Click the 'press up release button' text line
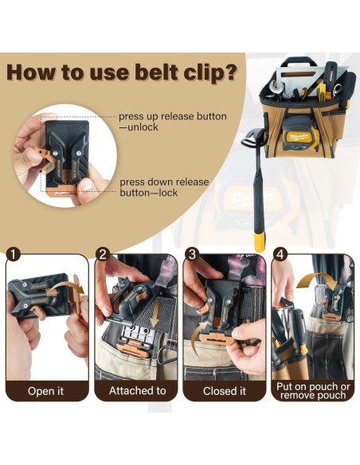click(x=172, y=116)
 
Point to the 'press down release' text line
click(x=164, y=182)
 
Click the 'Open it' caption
click(x=45, y=390)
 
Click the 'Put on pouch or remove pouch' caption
click(x=313, y=390)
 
